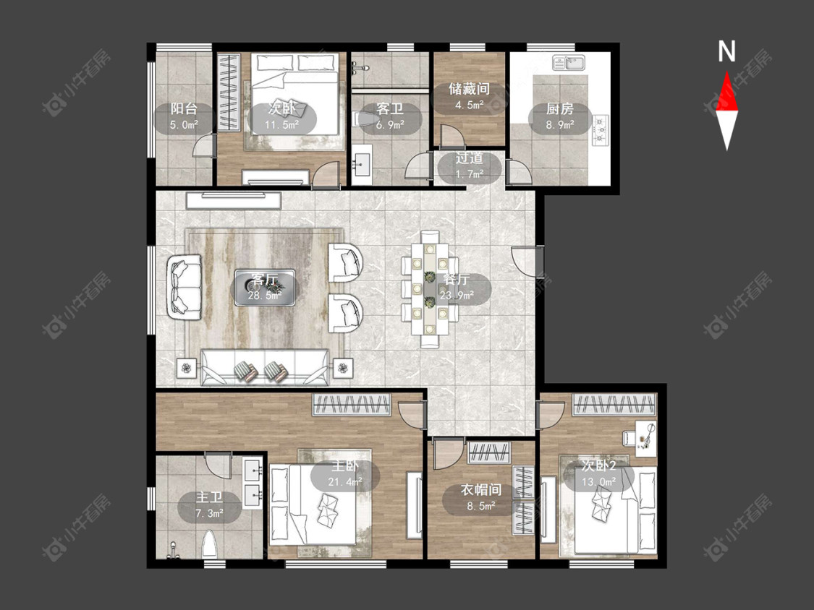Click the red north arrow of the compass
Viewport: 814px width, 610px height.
click(726, 93)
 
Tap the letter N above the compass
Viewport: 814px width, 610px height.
click(726, 52)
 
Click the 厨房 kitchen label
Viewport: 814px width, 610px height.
click(559, 109)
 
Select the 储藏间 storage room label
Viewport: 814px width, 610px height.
click(470, 89)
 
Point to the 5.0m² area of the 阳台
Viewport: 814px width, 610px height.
click(184, 124)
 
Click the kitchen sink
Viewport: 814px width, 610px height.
click(569, 62)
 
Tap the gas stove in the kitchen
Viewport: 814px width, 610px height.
click(601, 130)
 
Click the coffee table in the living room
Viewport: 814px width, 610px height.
click(265, 287)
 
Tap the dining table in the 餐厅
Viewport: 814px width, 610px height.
click(429, 290)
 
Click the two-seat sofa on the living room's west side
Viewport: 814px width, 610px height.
click(185, 286)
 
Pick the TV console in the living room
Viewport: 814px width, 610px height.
click(234, 199)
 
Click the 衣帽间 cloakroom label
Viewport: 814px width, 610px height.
click(480, 489)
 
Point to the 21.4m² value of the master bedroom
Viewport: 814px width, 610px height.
click(345, 482)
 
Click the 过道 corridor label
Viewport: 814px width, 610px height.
click(470, 158)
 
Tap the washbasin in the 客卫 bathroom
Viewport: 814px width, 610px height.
click(362, 165)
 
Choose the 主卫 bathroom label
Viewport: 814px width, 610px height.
click(210, 497)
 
